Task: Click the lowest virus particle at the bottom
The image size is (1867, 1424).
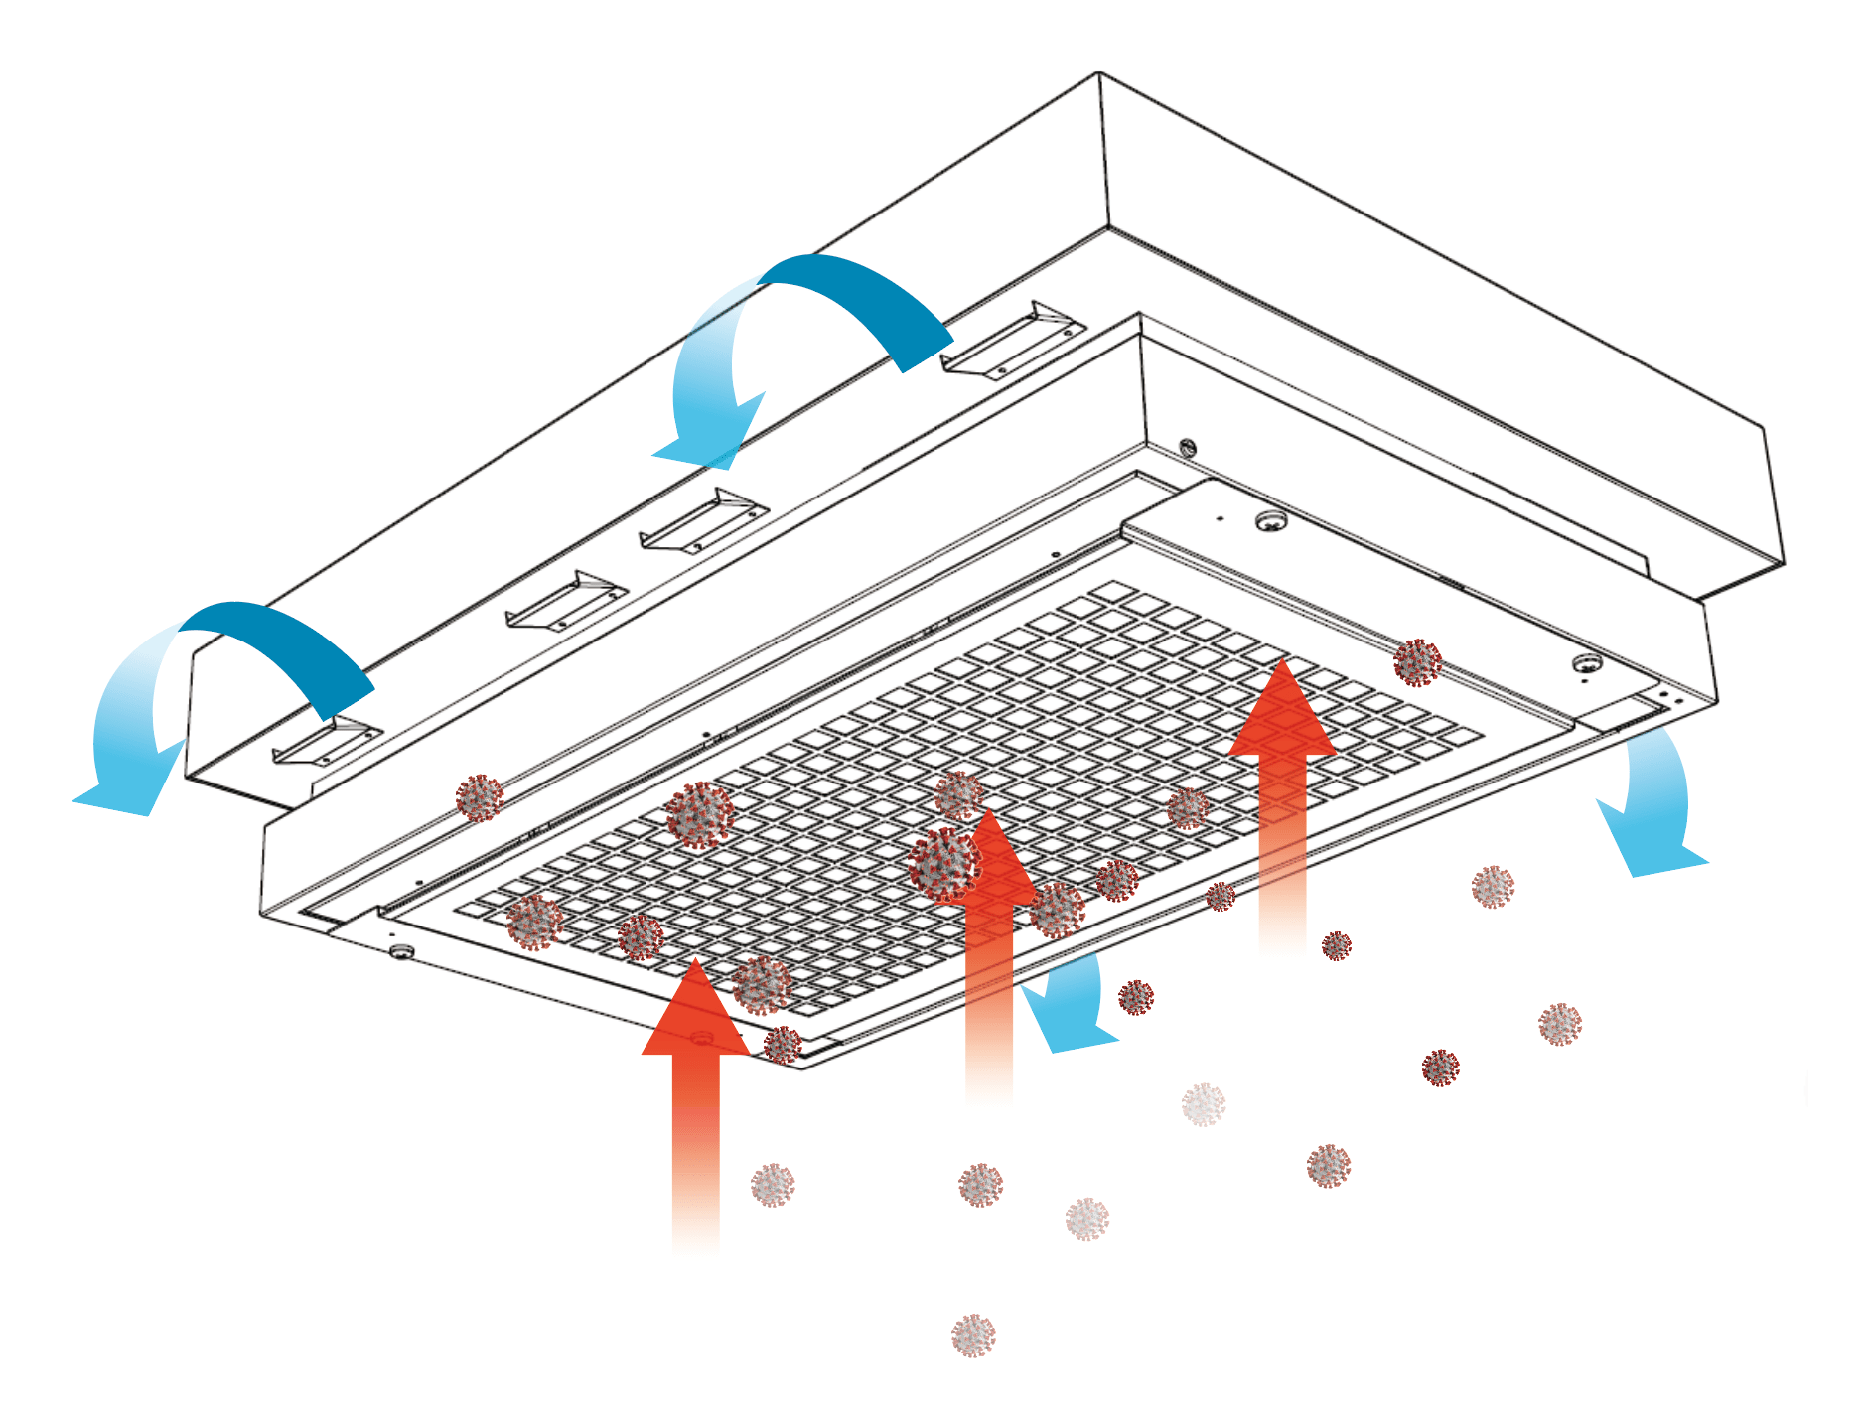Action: click(x=973, y=1335)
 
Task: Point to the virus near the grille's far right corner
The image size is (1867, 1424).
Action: click(x=1417, y=662)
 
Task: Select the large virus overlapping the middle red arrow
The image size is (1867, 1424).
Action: click(x=943, y=864)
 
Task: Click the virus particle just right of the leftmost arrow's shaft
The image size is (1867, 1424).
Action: click(x=773, y=1185)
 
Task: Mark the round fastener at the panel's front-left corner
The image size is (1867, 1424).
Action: click(x=400, y=951)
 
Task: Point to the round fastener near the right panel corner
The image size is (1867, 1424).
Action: click(x=1587, y=663)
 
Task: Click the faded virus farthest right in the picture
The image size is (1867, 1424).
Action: click(x=1559, y=1024)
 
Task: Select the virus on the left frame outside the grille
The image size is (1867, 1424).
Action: click(x=480, y=797)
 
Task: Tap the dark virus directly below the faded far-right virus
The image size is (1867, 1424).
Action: click(x=1440, y=1068)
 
